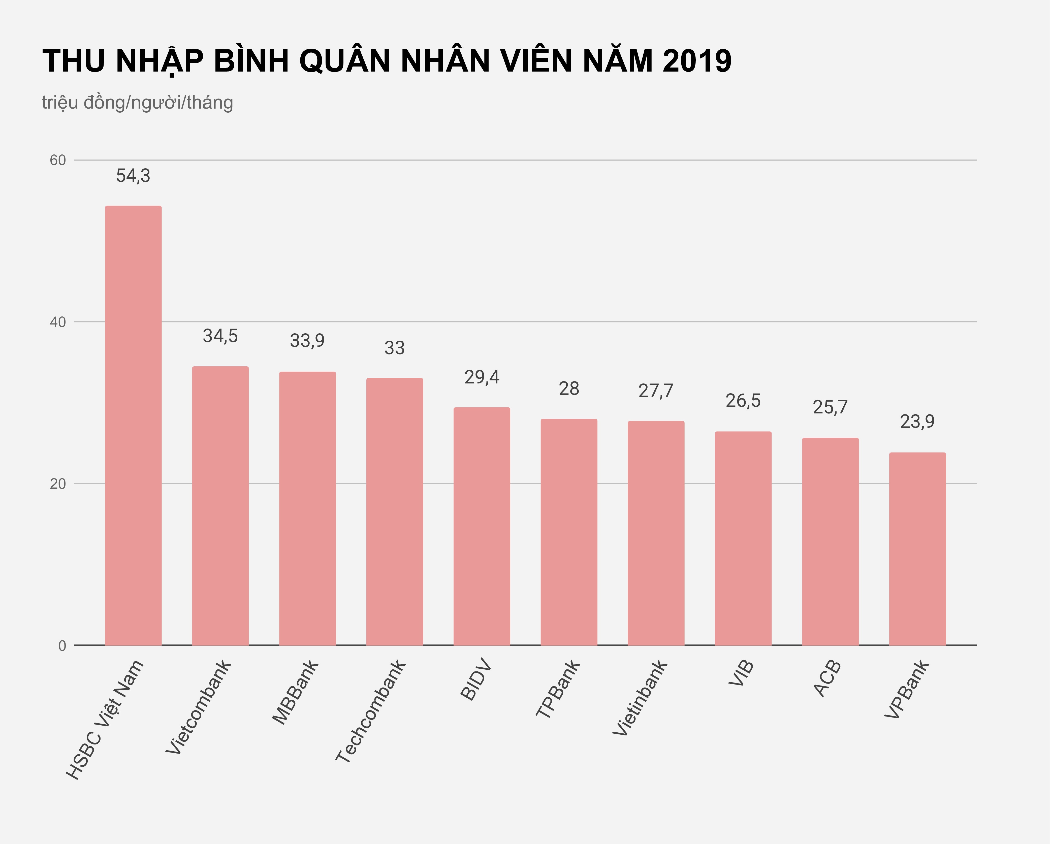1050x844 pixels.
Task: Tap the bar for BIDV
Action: point(482,526)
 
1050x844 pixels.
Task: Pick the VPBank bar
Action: point(917,549)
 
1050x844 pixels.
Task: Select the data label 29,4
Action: point(482,377)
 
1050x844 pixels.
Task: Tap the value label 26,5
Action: point(743,400)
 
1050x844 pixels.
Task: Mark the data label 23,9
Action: point(917,421)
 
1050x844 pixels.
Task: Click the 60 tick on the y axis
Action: point(57,160)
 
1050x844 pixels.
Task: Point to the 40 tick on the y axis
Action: point(57,322)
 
